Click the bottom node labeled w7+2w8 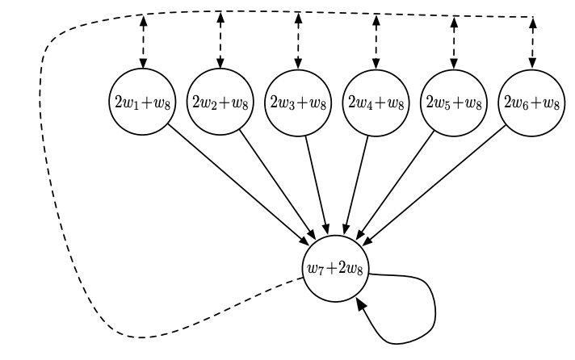pos(337,269)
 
